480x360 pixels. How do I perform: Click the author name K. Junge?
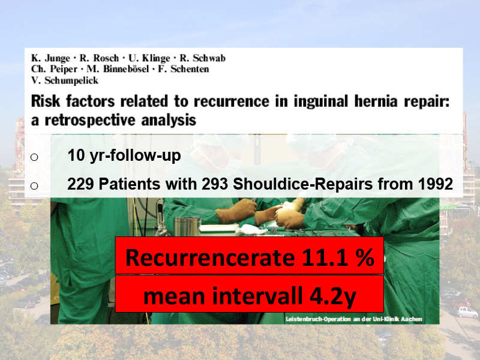pos(51,58)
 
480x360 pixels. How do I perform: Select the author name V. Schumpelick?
pos(65,80)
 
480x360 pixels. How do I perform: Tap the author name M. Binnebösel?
pos(118,69)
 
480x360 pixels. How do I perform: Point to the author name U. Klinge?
pos(149,58)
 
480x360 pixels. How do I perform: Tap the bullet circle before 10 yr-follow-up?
pos(34,157)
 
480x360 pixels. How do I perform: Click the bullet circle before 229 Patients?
pos(34,185)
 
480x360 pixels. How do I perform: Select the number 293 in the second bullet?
pos(215,184)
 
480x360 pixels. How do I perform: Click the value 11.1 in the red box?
pos(325,257)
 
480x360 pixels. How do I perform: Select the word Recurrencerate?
pos(210,257)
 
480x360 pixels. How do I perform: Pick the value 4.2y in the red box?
pos(333,296)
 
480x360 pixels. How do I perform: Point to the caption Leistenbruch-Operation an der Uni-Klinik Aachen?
pos(354,319)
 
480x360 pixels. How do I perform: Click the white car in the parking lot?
pos(467,312)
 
